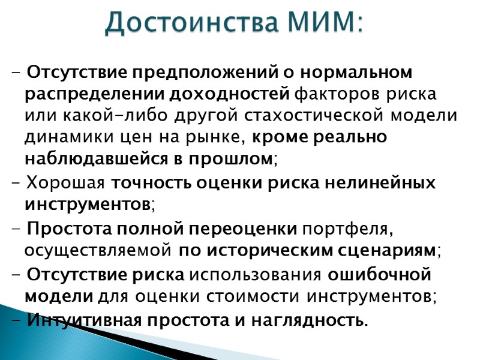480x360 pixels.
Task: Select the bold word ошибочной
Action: (380, 275)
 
